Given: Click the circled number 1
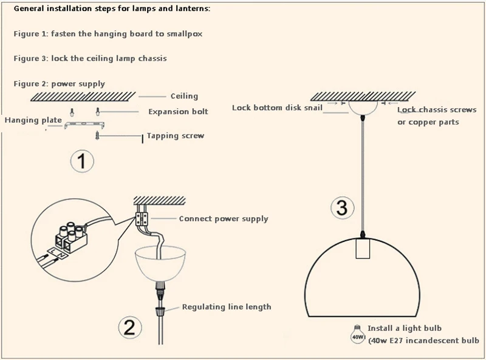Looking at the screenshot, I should click(82, 162).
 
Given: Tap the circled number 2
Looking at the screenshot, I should click(129, 328).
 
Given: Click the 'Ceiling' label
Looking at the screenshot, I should click(184, 96).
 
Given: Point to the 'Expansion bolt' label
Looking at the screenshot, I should click(178, 112).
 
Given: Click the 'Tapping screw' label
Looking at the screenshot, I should click(176, 136).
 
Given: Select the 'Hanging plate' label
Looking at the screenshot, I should click(33, 120).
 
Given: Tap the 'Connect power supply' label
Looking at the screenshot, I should click(223, 219).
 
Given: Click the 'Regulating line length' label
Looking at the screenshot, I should click(227, 307).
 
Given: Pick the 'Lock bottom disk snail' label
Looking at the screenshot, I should click(273, 108).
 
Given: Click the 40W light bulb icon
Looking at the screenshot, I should click(357, 333).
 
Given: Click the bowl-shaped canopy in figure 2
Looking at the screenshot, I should click(162, 261).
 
